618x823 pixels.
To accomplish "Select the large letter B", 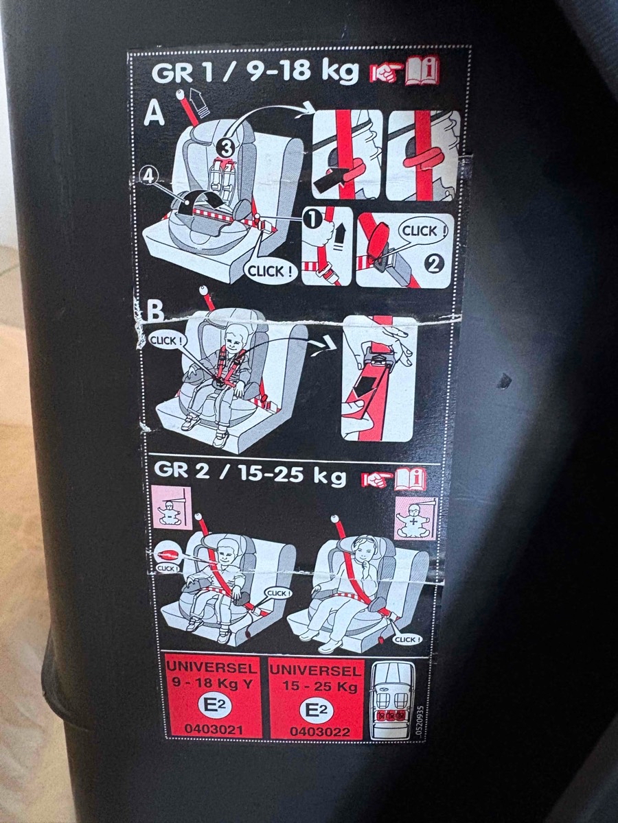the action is pyautogui.click(x=154, y=311).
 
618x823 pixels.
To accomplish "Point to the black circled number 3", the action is pyautogui.click(x=225, y=150).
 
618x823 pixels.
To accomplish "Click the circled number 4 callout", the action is pyautogui.click(x=148, y=176).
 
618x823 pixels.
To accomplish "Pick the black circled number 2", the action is pyautogui.click(x=434, y=265).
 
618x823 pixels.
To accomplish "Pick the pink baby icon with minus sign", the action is pyautogui.click(x=171, y=509).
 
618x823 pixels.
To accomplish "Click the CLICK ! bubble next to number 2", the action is pyautogui.click(x=423, y=231).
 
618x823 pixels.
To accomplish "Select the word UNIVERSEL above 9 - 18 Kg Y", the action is pyautogui.click(x=212, y=668).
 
